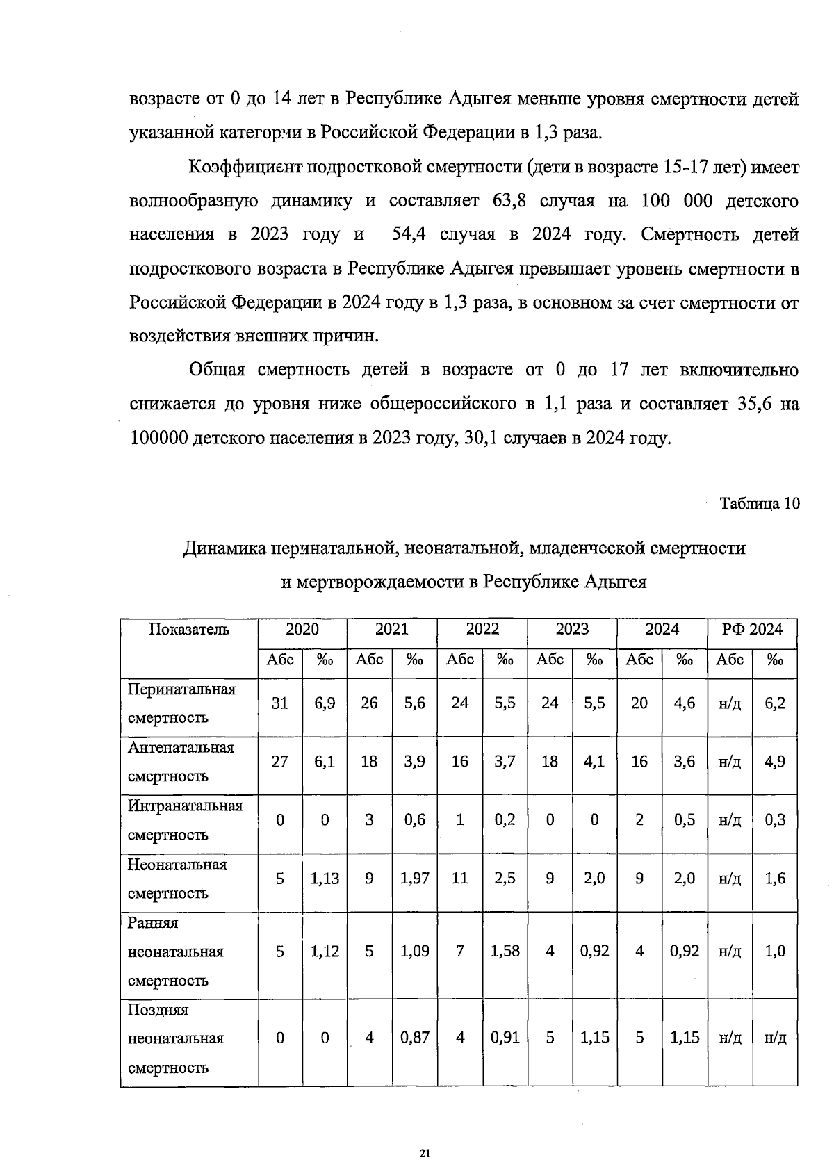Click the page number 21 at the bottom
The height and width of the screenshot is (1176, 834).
[425, 1154]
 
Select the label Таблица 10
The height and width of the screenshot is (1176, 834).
[759, 504]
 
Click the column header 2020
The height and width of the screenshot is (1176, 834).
[302, 630]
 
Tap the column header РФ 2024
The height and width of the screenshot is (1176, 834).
[752, 630]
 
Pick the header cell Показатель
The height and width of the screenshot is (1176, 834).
[188, 630]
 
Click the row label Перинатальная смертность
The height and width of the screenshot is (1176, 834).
[181, 703]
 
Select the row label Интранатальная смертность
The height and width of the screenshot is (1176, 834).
[185, 820]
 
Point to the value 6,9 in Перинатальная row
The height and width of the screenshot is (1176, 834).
[325, 703]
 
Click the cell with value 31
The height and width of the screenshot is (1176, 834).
[279, 703]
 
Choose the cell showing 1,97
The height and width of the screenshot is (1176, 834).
[414, 879]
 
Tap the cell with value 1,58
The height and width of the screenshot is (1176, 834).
[505, 952]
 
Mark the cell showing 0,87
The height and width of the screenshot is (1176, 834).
[414, 1038]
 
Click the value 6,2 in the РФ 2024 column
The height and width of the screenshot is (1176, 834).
[775, 703]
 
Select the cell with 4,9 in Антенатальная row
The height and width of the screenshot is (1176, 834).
[775, 762]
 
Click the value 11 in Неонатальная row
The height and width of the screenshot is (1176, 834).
[459, 879]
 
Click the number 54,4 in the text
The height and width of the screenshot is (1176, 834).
[409, 235]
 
